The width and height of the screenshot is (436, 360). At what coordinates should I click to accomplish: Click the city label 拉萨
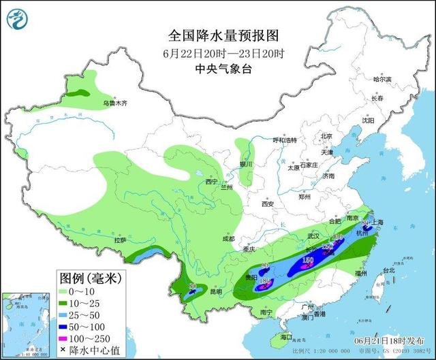[121, 240]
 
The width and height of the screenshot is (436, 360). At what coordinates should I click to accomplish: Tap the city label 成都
[228, 239]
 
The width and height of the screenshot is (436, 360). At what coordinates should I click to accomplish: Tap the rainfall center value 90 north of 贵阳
[266, 265]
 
